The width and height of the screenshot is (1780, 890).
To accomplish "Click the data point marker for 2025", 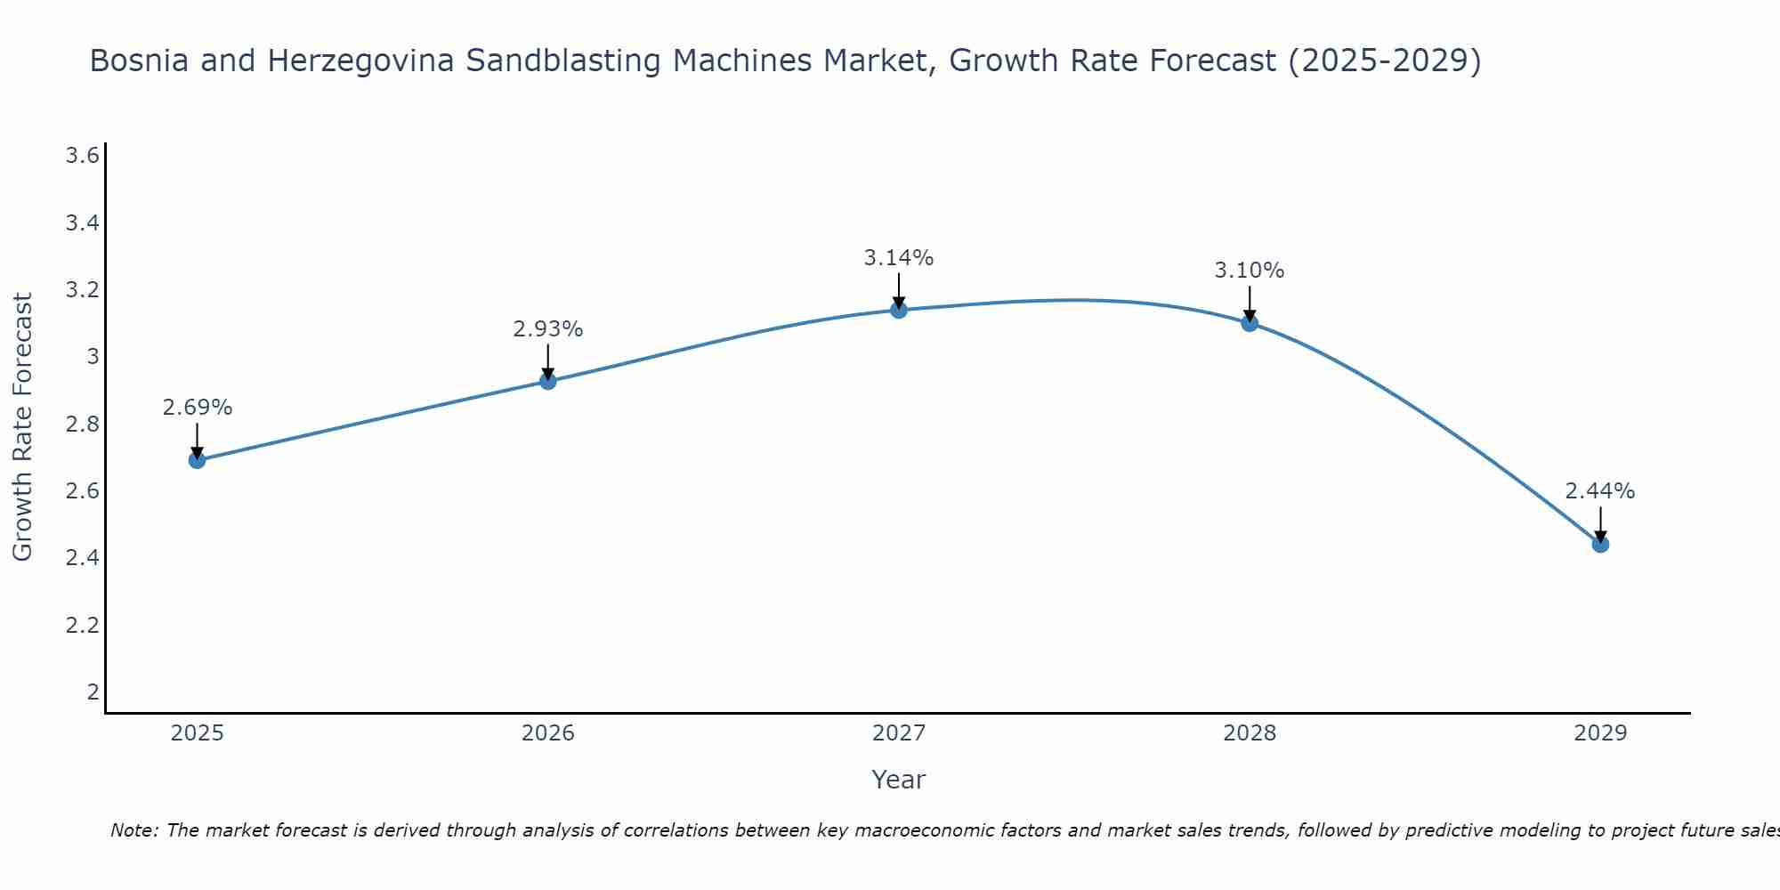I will (x=198, y=460).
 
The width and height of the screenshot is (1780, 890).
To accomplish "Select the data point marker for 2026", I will (x=548, y=381).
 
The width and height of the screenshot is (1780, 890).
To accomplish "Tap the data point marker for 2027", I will (x=899, y=310).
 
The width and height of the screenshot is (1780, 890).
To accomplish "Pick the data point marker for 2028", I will (x=1250, y=323).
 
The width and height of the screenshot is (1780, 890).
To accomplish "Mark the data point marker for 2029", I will (x=1600, y=544).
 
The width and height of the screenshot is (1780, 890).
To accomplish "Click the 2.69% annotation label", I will (x=198, y=408).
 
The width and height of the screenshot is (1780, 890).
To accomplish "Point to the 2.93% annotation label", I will (x=548, y=329).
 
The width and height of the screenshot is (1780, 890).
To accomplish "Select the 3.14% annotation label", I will (x=899, y=258).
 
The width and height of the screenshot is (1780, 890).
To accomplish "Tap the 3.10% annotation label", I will (x=1250, y=271).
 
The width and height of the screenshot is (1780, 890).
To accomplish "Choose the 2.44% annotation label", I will (x=1600, y=491).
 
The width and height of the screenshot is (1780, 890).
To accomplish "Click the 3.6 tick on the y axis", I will (x=82, y=157).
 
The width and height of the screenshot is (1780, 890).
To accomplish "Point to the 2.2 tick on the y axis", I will (x=82, y=626).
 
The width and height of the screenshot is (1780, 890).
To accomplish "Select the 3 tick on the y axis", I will (x=93, y=357).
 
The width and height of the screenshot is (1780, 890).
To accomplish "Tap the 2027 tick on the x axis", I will (x=899, y=733).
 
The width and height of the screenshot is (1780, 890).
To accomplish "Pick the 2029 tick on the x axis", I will (x=1600, y=733).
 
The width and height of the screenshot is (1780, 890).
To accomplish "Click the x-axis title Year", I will (x=899, y=780).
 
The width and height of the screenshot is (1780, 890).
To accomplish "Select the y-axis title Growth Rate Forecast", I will (x=22, y=427).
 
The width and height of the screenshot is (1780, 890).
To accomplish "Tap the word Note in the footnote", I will (x=133, y=830).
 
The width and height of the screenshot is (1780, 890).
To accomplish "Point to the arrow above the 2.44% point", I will (x=1600, y=524).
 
